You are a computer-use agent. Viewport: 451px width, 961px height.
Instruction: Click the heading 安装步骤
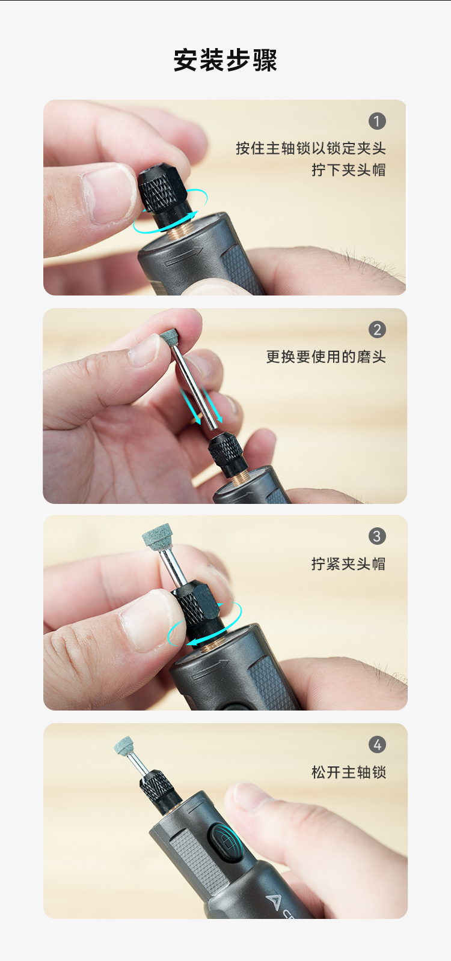coord(226,60)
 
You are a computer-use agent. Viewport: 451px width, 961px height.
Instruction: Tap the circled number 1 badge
coord(377,121)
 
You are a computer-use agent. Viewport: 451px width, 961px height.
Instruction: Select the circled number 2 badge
coord(377,330)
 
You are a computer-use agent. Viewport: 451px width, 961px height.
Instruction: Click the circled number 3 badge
coord(377,536)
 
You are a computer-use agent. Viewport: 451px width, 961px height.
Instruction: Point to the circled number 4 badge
coord(377,744)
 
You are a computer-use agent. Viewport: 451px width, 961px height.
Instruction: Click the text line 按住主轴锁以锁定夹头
coord(311,148)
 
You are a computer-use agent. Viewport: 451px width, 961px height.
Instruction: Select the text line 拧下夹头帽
coord(349,170)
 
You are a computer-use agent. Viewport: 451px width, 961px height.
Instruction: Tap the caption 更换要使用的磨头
coord(326,357)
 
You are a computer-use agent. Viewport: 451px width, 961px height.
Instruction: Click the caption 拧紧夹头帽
coord(349,564)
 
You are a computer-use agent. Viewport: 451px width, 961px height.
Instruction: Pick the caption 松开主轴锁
coord(349,772)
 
